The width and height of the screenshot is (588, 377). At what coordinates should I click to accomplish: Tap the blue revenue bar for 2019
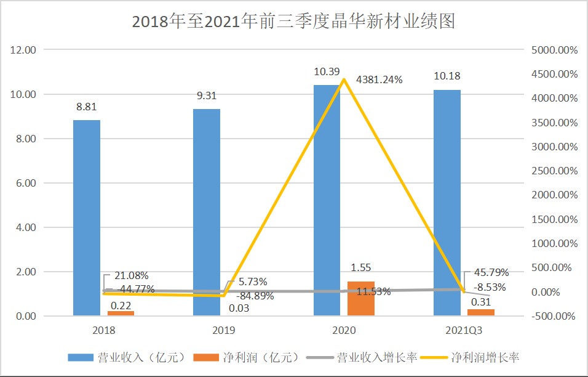207,213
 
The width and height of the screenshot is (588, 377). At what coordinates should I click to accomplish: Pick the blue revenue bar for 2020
327,200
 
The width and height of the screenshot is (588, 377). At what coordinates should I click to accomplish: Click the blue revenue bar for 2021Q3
447,203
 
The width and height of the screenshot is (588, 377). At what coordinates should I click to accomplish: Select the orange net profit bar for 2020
361,299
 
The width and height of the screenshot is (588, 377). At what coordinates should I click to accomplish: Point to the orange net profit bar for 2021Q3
481,312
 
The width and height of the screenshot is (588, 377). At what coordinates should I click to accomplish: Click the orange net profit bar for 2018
121,314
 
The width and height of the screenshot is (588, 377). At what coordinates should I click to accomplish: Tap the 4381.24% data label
377,79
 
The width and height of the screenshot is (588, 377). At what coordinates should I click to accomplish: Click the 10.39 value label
327,72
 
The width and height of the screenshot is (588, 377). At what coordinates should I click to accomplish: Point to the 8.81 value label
87,107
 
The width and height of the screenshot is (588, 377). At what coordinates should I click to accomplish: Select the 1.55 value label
361,268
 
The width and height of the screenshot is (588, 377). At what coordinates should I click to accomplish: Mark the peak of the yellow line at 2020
344,79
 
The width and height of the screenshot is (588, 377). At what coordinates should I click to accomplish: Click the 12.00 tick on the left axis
25,50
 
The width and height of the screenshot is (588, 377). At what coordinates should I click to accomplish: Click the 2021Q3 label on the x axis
464,331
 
